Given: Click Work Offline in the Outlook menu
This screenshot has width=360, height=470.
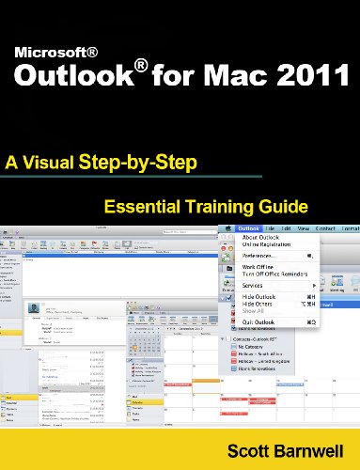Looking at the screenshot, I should pos(260,266).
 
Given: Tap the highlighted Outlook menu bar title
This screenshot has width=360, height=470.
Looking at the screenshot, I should pos(248,228).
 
